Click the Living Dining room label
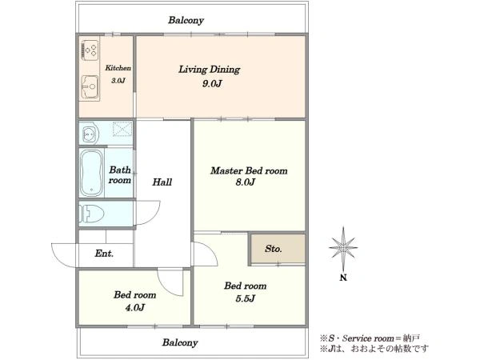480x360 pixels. click(210, 70)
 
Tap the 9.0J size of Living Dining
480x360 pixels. click(212, 83)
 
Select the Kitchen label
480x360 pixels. click(118, 68)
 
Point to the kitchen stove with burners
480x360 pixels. click(90, 50)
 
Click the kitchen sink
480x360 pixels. click(90, 87)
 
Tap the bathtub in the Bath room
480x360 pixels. click(91, 173)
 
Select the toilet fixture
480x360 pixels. click(91, 214)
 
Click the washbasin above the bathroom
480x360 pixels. click(90, 133)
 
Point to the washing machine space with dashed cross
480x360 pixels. click(122, 129)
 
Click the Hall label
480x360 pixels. click(162, 182)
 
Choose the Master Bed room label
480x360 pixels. click(249, 170)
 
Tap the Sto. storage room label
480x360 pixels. click(274, 249)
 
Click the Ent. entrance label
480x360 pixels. click(104, 254)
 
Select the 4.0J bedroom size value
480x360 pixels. click(134, 307)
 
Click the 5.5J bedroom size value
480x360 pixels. click(246, 298)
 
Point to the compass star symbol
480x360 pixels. click(343, 247)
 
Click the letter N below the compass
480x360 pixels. click(343, 278)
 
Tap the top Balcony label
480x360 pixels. click(186, 20)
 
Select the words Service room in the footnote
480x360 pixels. click(368, 338)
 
